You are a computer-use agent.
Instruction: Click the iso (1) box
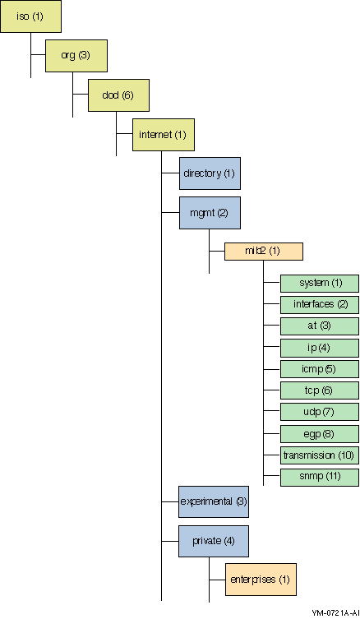point(30,16)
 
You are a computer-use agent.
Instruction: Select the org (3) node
point(76,56)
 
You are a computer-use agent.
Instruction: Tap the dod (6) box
point(118,95)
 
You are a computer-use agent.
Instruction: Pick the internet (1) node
point(164,135)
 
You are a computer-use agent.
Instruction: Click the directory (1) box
point(210,173)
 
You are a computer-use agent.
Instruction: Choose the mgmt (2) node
point(210,213)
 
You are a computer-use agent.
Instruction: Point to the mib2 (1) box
point(264,252)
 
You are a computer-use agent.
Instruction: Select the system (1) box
point(320,284)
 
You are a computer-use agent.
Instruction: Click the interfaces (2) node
point(320,305)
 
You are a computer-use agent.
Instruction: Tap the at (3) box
point(320,326)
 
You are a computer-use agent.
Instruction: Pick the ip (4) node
point(320,348)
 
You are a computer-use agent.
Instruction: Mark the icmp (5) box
point(320,369)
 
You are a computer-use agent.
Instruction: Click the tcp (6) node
point(320,390)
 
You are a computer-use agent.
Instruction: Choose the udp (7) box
point(320,412)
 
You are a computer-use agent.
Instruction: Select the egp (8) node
point(320,434)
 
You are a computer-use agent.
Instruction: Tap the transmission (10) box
point(320,455)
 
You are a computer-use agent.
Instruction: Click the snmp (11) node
point(320,478)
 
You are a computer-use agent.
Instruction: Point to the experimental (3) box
point(214,501)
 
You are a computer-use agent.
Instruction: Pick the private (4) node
point(214,541)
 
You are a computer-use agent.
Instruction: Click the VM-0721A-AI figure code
point(335,612)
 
